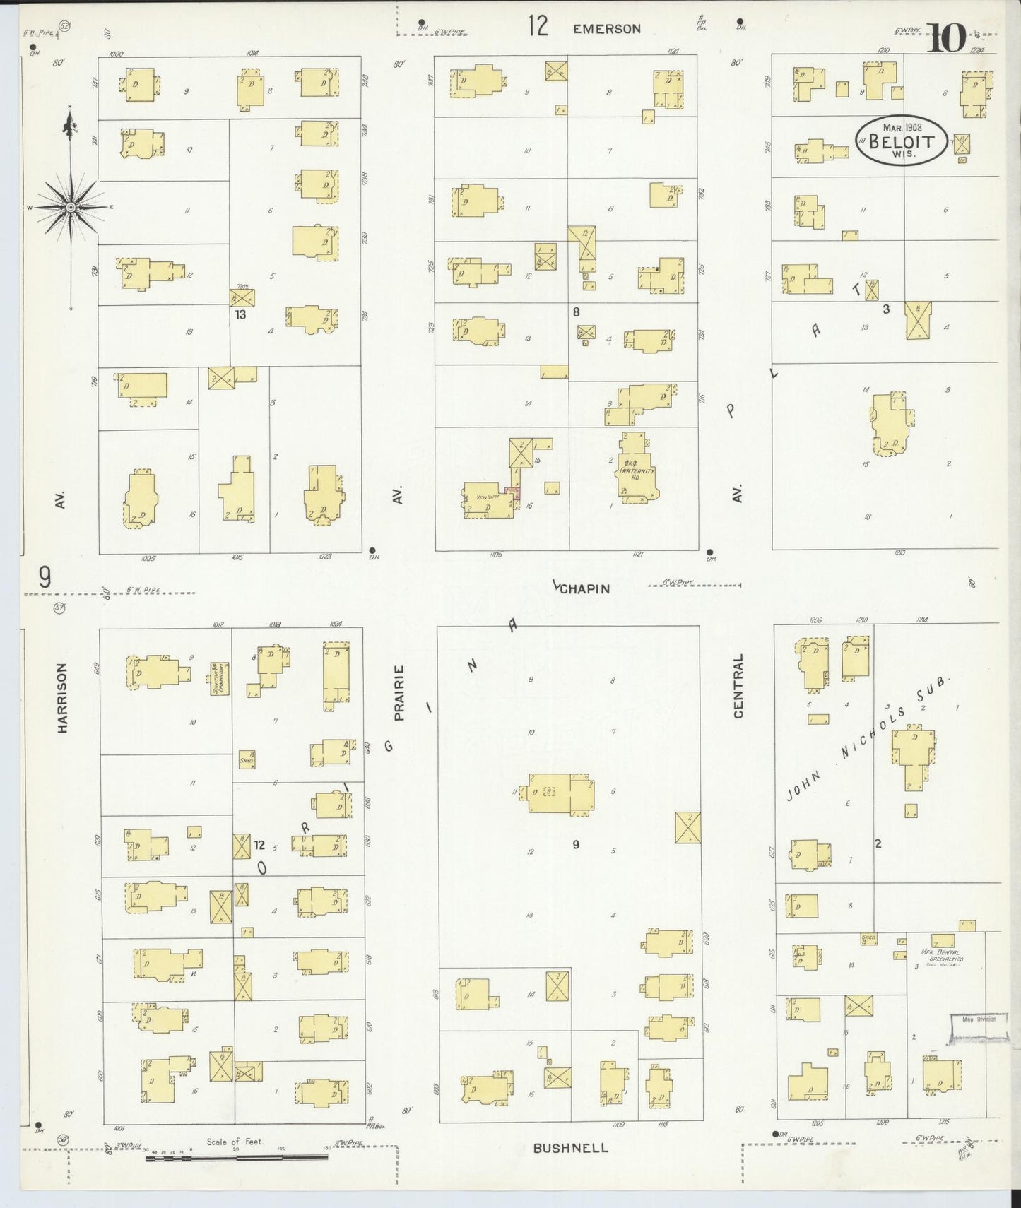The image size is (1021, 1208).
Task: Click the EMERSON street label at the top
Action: tap(606, 29)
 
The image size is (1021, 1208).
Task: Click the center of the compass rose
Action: tap(71, 207)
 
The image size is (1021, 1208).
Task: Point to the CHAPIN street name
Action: tap(586, 588)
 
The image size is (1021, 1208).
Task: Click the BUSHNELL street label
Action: tap(570, 1148)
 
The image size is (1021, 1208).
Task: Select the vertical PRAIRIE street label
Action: tap(399, 692)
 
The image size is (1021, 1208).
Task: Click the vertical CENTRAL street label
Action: tap(739, 686)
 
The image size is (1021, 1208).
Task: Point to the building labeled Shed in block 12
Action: tap(247, 759)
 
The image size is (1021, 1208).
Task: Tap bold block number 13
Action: tap(240, 315)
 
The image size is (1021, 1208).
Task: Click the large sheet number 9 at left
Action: tap(45, 579)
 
